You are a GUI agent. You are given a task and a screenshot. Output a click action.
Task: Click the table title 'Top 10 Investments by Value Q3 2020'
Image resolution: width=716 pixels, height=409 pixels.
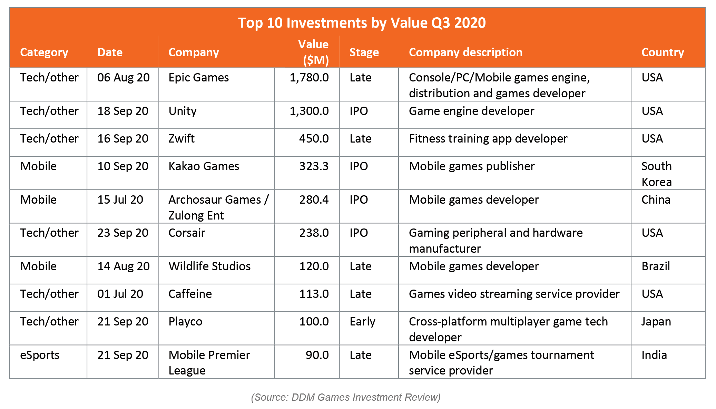click(362, 23)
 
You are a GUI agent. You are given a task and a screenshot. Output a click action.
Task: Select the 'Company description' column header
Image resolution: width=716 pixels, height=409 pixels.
click(465, 52)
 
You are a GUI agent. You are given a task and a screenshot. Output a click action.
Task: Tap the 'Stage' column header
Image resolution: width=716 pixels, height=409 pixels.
click(364, 52)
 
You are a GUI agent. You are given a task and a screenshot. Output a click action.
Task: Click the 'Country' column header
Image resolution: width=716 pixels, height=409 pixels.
click(663, 52)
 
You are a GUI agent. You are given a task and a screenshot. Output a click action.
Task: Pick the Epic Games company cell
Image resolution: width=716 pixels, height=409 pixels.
click(198, 78)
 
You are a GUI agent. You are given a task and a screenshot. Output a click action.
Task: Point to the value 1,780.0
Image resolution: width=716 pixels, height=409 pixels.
click(309, 78)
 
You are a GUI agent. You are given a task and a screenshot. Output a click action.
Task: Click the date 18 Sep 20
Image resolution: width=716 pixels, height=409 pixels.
click(123, 111)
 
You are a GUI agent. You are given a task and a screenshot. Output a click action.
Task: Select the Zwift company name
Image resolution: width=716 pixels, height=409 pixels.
click(182, 139)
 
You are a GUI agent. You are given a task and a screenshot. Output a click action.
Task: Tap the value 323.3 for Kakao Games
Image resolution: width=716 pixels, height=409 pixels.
click(314, 166)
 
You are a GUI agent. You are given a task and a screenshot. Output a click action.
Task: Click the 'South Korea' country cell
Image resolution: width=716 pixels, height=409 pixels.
click(657, 174)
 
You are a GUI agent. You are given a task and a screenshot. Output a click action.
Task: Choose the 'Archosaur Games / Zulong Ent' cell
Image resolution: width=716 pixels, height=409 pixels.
click(218, 207)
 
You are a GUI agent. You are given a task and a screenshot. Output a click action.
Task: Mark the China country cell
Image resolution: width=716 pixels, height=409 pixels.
click(656, 199)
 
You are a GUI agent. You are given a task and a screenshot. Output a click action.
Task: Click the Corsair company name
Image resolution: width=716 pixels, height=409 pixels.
click(187, 233)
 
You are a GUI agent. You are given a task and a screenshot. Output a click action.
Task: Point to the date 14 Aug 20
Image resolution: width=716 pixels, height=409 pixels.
click(124, 266)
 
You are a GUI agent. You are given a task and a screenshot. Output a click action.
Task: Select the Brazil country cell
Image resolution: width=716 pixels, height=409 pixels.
click(656, 266)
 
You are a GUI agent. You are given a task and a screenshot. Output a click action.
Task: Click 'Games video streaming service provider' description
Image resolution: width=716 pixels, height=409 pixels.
click(514, 294)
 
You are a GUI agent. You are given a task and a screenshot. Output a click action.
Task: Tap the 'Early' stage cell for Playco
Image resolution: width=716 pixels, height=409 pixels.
click(362, 322)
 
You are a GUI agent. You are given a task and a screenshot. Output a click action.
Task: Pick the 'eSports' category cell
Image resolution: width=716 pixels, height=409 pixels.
click(40, 355)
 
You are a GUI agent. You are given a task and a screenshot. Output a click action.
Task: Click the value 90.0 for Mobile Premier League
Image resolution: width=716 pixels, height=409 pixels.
click(317, 355)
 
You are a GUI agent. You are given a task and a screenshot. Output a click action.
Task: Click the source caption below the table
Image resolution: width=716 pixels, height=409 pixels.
click(346, 397)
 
